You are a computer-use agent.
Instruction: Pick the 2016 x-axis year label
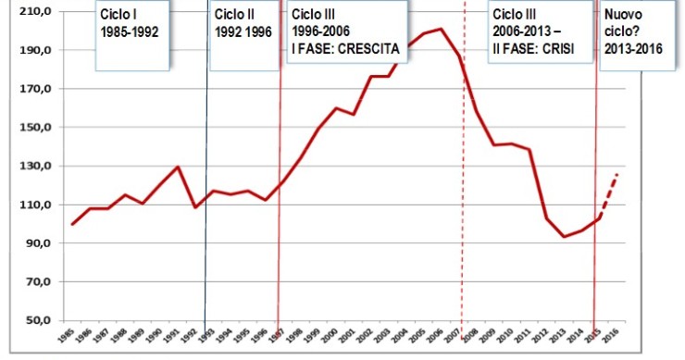(x=614, y=338)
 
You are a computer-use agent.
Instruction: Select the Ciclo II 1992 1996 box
(x=243, y=34)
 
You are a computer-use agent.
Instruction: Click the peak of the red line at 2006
(x=441, y=29)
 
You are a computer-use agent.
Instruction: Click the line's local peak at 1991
(x=178, y=167)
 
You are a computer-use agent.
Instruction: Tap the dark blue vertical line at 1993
(x=205, y=259)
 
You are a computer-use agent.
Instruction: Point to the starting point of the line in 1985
(x=72, y=224)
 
